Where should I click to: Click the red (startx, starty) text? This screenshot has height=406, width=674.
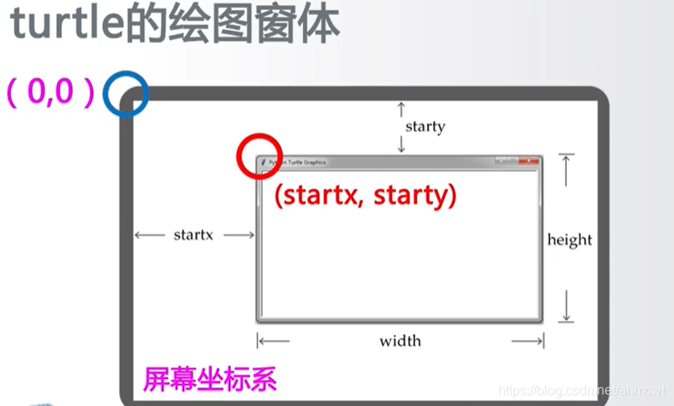tap(365, 195)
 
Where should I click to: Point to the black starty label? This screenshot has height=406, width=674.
tap(425, 127)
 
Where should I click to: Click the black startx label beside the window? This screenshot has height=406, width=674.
tap(193, 235)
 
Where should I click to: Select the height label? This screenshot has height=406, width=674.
tap(569, 240)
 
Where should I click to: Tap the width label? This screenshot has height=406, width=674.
tap(400, 341)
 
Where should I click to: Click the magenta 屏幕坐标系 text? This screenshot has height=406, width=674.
tap(210, 380)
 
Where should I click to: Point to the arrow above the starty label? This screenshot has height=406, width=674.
tap(401, 108)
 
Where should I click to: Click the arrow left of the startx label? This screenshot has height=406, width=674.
tap(150, 235)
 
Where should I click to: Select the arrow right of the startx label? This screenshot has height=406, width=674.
tap(239, 235)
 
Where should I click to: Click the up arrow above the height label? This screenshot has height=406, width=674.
tap(567, 171)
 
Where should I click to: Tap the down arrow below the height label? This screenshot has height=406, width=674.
tap(567, 306)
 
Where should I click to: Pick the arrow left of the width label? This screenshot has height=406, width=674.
tap(273, 341)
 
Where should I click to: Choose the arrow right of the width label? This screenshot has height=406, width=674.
tap(528, 341)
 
